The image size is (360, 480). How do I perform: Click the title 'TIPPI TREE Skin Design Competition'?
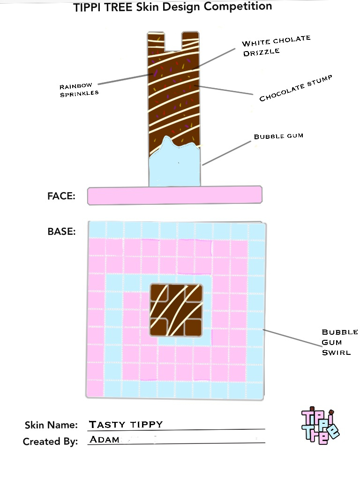(x=172, y=7)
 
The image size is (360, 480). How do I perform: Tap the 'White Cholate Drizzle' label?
(x=276, y=46)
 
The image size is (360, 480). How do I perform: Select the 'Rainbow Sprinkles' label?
(x=79, y=90)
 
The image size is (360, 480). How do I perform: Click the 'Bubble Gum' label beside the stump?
(x=278, y=136)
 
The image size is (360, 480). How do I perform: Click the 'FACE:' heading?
(x=61, y=196)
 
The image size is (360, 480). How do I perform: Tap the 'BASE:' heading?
(x=61, y=232)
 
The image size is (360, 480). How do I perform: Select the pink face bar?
(x=175, y=195)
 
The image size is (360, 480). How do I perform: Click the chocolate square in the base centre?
(x=176, y=310)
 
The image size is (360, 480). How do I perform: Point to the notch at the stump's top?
(x=173, y=41)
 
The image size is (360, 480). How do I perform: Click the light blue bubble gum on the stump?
(x=175, y=164)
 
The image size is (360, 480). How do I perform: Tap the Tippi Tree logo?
(x=320, y=426)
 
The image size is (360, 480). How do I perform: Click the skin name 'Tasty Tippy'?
(x=126, y=424)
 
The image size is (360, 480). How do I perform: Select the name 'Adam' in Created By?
(x=105, y=439)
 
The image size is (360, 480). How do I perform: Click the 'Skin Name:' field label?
(x=51, y=425)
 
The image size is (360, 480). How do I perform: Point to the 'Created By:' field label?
(x=50, y=442)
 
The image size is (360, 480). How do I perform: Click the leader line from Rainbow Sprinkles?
(x=125, y=79)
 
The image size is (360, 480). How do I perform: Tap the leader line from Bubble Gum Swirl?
(x=292, y=338)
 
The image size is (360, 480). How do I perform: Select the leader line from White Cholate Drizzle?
(x=214, y=59)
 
